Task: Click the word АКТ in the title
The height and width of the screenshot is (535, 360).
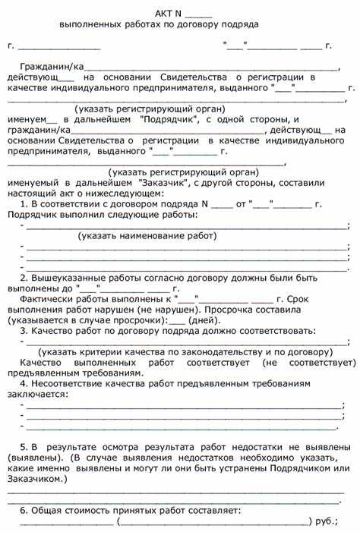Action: click(x=165, y=13)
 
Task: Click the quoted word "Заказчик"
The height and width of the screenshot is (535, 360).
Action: click(x=166, y=184)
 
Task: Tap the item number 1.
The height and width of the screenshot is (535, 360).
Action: click(x=24, y=205)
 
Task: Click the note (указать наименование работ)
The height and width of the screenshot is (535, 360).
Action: click(x=136, y=236)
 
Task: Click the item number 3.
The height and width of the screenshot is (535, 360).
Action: click(x=24, y=330)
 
